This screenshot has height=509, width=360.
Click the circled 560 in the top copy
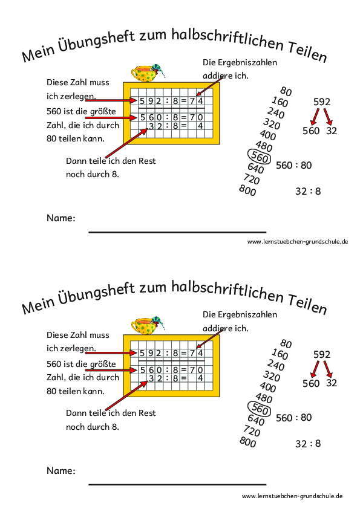pos(258,157)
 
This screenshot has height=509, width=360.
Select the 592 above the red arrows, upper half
pos(322,101)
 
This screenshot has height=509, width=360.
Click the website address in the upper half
pos(297,241)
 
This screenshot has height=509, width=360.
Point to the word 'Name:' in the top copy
pos(61,218)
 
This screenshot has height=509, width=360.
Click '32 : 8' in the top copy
pos(307,191)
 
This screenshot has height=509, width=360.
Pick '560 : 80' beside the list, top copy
pos(293,165)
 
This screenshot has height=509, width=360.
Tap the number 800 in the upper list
pos(247,191)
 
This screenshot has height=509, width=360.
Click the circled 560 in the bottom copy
pos(258,409)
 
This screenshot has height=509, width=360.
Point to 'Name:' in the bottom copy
pos(61,470)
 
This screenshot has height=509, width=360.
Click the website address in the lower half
pos(292,495)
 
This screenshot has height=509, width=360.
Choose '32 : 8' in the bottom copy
pos(307,443)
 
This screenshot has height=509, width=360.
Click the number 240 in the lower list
pos(275,365)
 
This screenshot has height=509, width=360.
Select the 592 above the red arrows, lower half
pos(322,354)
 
